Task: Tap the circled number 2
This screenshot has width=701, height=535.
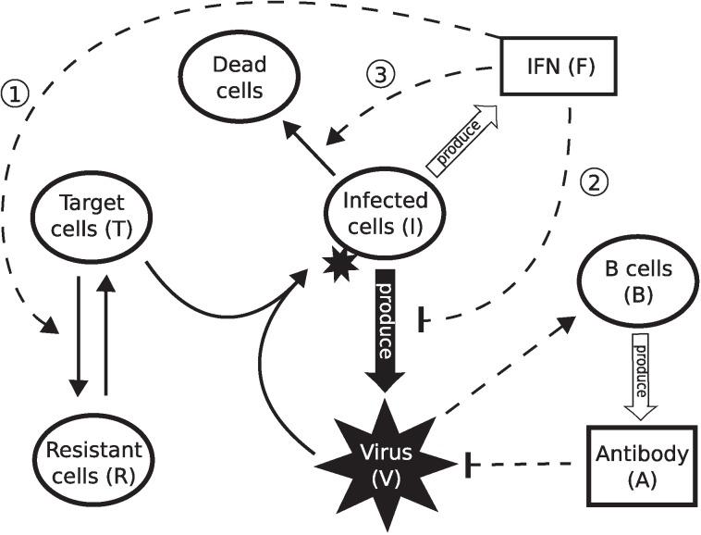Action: click(594, 180)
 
